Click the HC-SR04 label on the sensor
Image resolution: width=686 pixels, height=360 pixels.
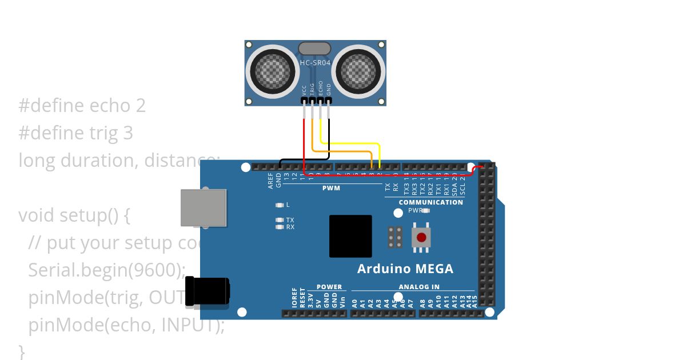pyautogui.click(x=316, y=62)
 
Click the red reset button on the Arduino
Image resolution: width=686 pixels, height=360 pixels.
pyautogui.click(x=421, y=237)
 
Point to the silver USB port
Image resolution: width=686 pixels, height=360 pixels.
pyautogui.click(x=204, y=207)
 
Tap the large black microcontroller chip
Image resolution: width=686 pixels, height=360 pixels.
pyautogui.click(x=350, y=237)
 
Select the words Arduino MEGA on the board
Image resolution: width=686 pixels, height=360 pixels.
pyautogui.click(x=405, y=269)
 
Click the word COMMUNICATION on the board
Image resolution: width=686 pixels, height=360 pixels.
pyautogui.click(x=431, y=202)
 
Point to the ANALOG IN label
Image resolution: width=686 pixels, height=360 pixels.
pyautogui.click(x=419, y=287)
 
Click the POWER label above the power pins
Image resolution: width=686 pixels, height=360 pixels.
pyautogui.click(x=329, y=287)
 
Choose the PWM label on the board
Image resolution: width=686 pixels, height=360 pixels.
pyautogui.click(x=331, y=188)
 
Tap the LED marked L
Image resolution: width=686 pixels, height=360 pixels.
pyautogui.click(x=280, y=205)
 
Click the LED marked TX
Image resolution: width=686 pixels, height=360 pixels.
pyautogui.click(x=280, y=219)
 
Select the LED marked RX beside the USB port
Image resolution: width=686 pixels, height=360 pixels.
pyautogui.click(x=280, y=227)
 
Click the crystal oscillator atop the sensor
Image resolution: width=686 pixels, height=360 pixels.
pyautogui.click(x=315, y=48)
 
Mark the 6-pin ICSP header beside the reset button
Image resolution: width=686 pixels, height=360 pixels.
pyautogui.click(x=394, y=237)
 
